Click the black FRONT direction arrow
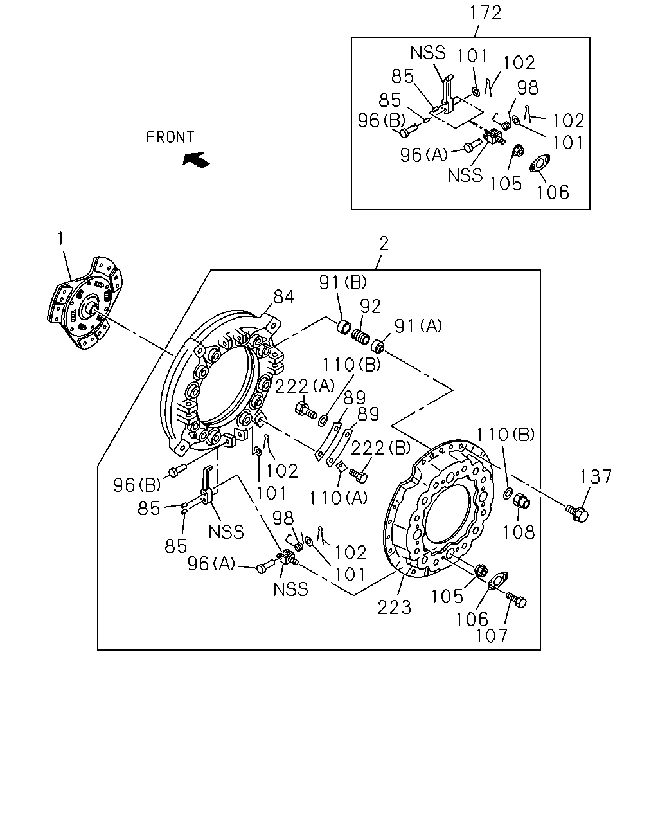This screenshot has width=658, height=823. pyautogui.click(x=196, y=159)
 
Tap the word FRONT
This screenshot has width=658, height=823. pyautogui.click(x=170, y=137)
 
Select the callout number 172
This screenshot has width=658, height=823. pyautogui.click(x=485, y=13)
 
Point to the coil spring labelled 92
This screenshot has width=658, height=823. pyautogui.click(x=360, y=336)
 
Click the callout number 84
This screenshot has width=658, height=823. pyautogui.click(x=283, y=297)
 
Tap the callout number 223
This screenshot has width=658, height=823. pyautogui.click(x=394, y=608)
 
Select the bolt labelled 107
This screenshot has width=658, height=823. pyautogui.click(x=517, y=600)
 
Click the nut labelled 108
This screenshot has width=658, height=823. pyautogui.click(x=521, y=501)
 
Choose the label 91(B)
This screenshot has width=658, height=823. pyautogui.click(x=342, y=282)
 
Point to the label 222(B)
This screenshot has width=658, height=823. pyautogui.click(x=381, y=448)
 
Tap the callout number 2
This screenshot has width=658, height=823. pyautogui.click(x=384, y=244)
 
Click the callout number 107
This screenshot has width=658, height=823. pyautogui.click(x=492, y=636)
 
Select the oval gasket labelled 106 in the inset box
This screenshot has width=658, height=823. pyautogui.click(x=540, y=163)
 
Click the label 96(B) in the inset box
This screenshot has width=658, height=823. pyautogui.click(x=382, y=121)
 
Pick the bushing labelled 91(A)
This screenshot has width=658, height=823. pyautogui.click(x=378, y=346)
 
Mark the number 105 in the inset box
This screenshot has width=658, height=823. pyautogui.click(x=506, y=184)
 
